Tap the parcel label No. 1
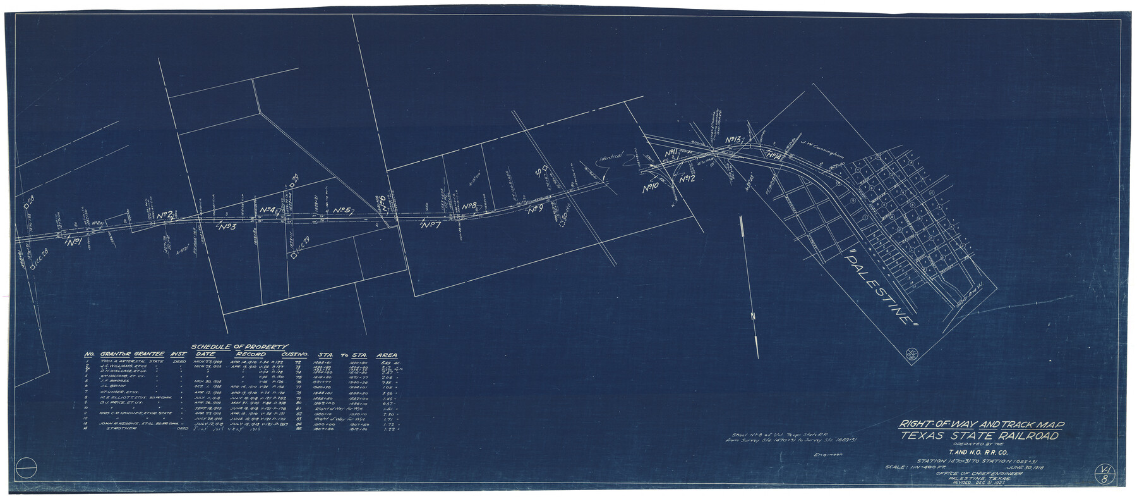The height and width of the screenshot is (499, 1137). [74, 242]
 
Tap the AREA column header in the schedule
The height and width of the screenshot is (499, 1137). [387, 355]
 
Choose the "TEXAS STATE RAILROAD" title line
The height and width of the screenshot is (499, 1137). [980, 436]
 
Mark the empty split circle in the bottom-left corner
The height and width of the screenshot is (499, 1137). [26, 469]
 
